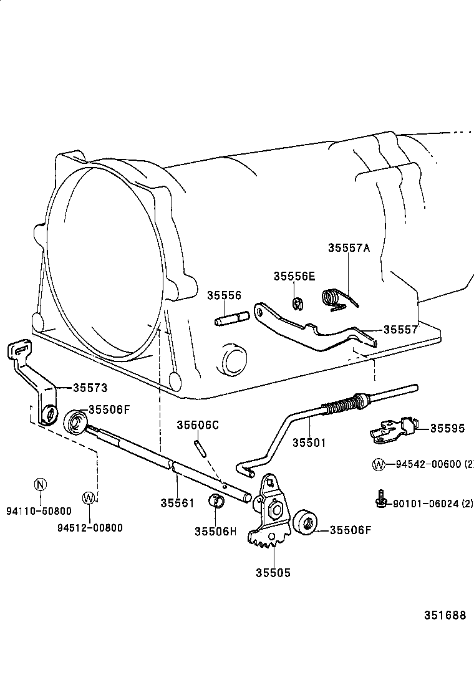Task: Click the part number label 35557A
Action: coord(349,247)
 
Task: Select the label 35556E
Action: coord(294,276)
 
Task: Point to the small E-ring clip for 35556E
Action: coord(298,303)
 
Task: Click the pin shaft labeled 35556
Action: coord(232,321)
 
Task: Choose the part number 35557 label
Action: coord(400,330)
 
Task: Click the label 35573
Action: coord(90,388)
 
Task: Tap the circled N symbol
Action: coord(40,484)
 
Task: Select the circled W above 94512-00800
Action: coord(89,497)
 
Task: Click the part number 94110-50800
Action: coord(39,511)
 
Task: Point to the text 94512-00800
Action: coord(90,528)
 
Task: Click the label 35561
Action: coord(177,502)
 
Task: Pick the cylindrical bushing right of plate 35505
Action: coord(306,522)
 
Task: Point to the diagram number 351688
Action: coord(445,615)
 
